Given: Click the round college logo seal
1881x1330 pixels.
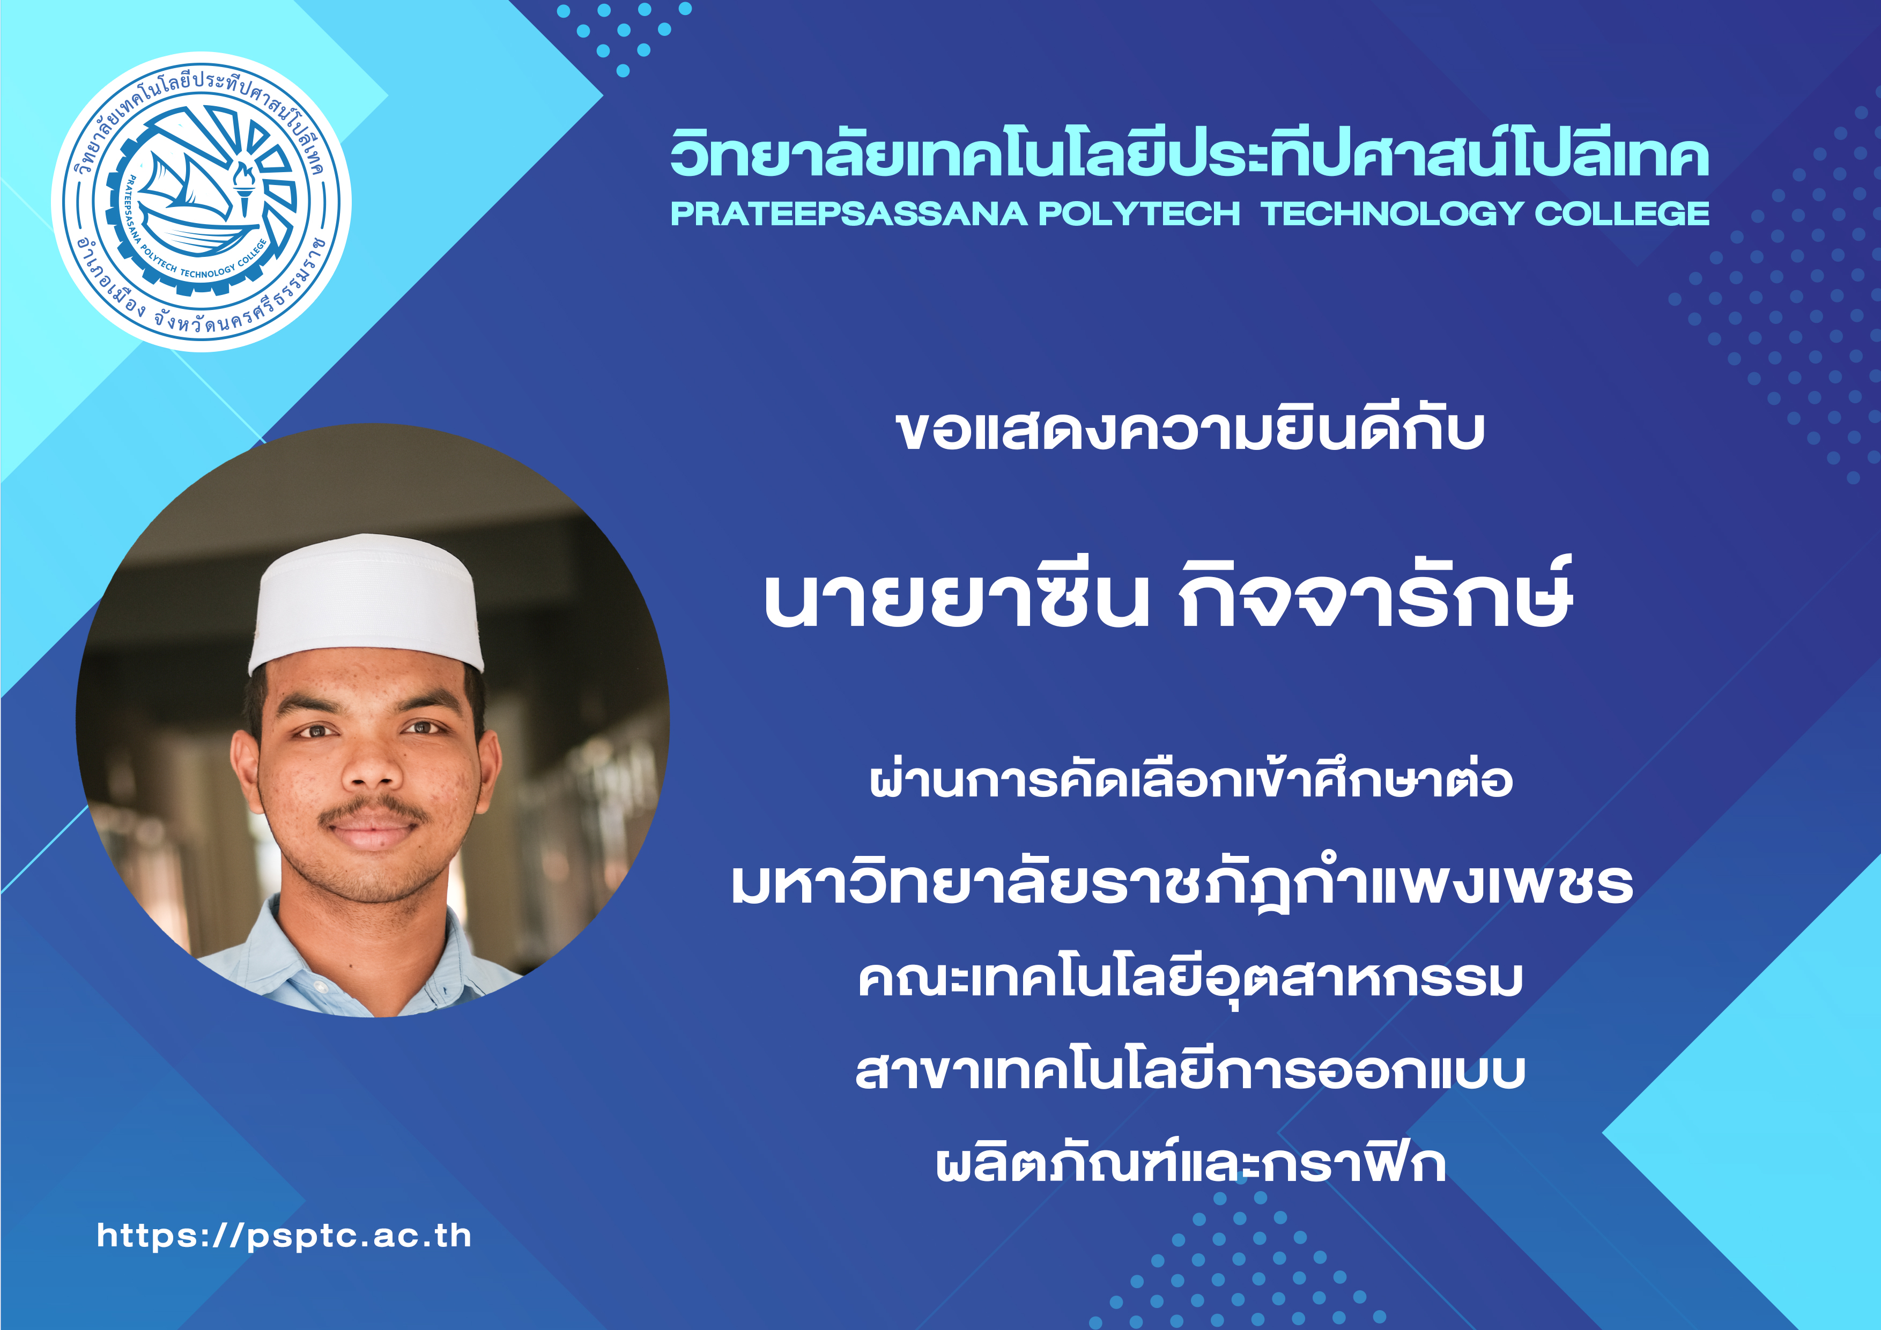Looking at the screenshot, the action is coord(202,202).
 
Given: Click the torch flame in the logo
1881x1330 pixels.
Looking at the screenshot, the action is coord(242,174).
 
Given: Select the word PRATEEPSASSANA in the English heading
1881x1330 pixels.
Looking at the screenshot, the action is coord(849,214).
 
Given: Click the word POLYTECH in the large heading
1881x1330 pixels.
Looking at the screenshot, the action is coord(1139,214).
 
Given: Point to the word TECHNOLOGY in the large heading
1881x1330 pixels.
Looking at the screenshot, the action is coord(1392,214).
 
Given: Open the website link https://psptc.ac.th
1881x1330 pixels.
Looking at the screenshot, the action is coord(284,1236).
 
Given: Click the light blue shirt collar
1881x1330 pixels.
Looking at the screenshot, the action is coord(360,951).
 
